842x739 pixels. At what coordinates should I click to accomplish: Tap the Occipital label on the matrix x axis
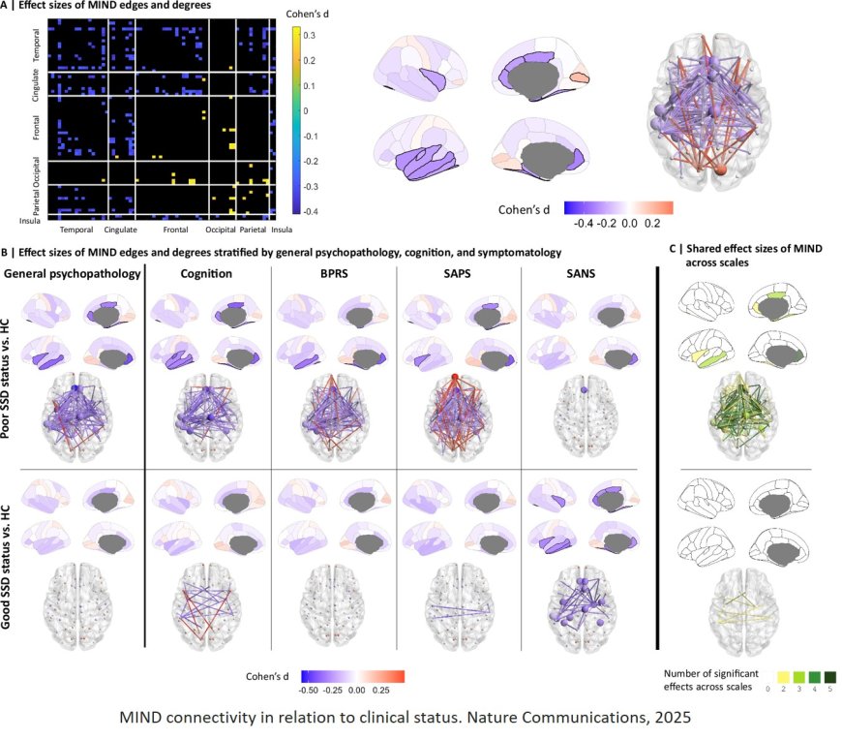(x=220, y=231)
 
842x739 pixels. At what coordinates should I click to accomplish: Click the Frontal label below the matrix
(x=174, y=231)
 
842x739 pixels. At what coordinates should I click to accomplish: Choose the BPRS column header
(x=333, y=273)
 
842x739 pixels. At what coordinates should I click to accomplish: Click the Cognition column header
(x=207, y=273)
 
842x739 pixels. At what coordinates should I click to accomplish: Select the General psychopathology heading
(x=72, y=273)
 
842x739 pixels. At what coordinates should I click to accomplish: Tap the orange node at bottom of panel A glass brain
(x=720, y=171)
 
